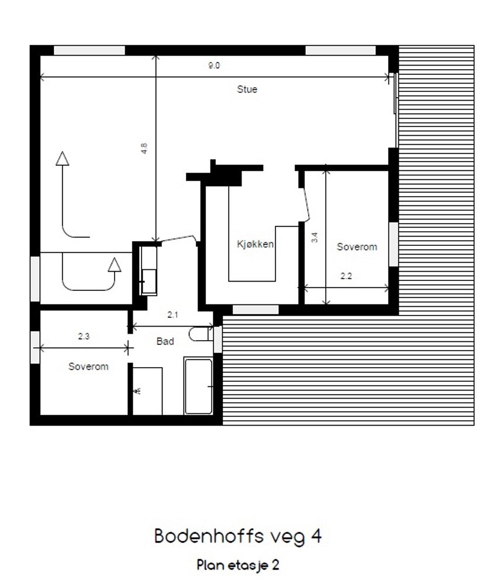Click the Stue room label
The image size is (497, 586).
(x=247, y=90)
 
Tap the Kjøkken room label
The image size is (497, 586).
(x=255, y=245)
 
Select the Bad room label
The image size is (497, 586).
(x=165, y=341)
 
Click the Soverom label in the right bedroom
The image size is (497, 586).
(x=357, y=247)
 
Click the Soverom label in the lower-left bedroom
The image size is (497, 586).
(x=88, y=366)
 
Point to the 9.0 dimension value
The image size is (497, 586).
(x=214, y=66)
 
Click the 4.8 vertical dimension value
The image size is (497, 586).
(x=144, y=148)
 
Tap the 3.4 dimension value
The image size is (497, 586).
(x=315, y=238)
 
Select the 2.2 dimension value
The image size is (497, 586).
(x=346, y=277)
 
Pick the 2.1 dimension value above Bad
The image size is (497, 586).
(x=172, y=315)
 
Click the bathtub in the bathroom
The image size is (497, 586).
(x=198, y=386)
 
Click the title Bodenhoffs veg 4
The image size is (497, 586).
(x=238, y=536)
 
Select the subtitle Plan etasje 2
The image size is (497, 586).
(x=238, y=565)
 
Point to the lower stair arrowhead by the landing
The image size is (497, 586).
(x=115, y=265)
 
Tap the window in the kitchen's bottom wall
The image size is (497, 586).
(x=256, y=309)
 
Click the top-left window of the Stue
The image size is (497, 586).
(x=89, y=50)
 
